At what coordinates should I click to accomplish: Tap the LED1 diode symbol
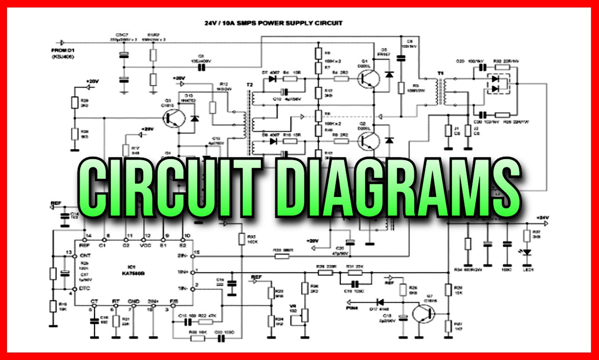pos(527,253)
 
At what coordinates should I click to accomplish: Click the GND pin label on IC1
pos(134,301)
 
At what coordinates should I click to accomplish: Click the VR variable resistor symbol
pos(305,315)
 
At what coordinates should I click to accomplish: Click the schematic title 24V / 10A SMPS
pos(273,22)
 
